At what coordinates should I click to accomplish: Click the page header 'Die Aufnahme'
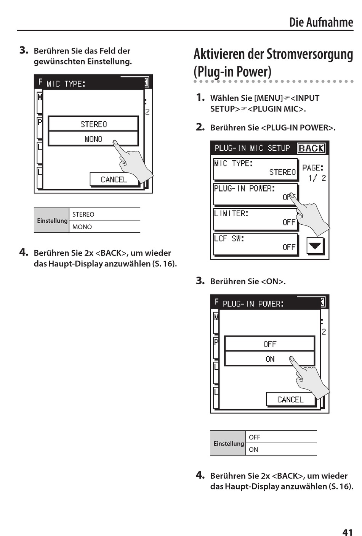(321, 22)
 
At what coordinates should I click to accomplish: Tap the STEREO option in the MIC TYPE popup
(93, 124)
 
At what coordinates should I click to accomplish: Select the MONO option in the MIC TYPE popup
(93, 138)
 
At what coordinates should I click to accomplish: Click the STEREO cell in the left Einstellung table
(105, 214)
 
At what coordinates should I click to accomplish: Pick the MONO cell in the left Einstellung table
(105, 227)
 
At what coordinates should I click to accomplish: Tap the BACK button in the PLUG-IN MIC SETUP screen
(311, 148)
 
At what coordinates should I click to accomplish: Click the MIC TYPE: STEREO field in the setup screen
(255, 169)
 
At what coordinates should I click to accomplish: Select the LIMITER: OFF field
(255, 219)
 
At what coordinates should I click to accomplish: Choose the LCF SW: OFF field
(255, 244)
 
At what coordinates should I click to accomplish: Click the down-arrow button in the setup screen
(315, 246)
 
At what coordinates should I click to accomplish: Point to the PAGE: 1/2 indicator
(314, 173)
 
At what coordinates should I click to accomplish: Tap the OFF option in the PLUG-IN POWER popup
(269, 344)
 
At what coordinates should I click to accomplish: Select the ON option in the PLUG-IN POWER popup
(269, 359)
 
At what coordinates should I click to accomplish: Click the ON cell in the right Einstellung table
(281, 449)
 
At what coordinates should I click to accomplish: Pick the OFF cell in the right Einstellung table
(281, 437)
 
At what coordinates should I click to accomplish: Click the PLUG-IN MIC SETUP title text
(252, 148)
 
